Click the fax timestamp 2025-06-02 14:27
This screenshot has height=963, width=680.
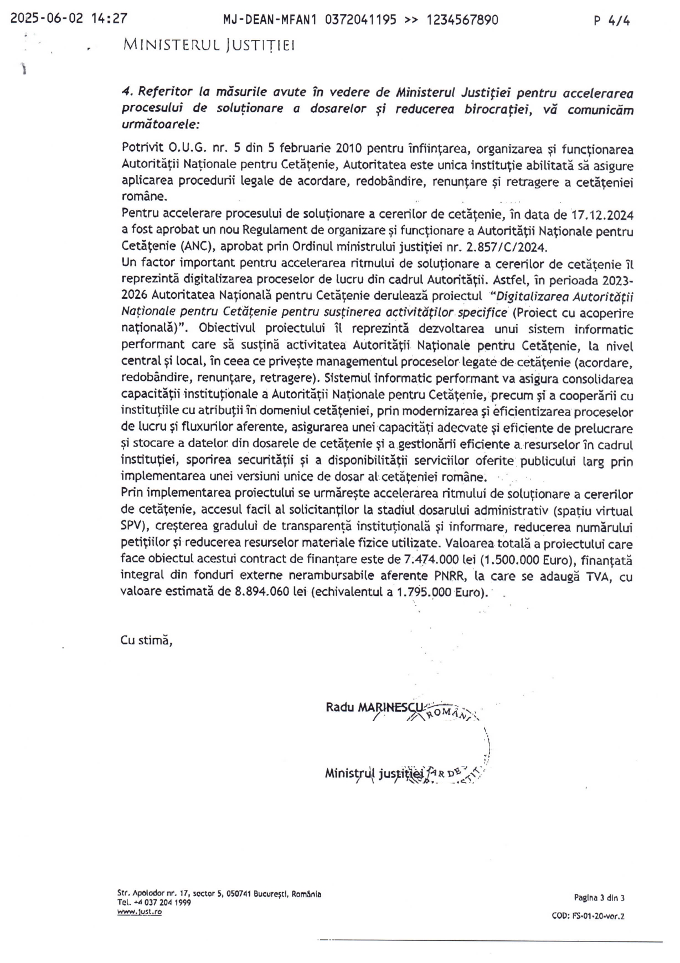click(69, 19)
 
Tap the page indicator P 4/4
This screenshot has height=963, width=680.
click(611, 20)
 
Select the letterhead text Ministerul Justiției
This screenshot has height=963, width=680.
click(209, 45)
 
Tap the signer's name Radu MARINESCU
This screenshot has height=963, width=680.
click(375, 707)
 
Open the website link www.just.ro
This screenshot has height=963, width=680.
click(140, 912)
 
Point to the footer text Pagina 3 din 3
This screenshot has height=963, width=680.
click(599, 898)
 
